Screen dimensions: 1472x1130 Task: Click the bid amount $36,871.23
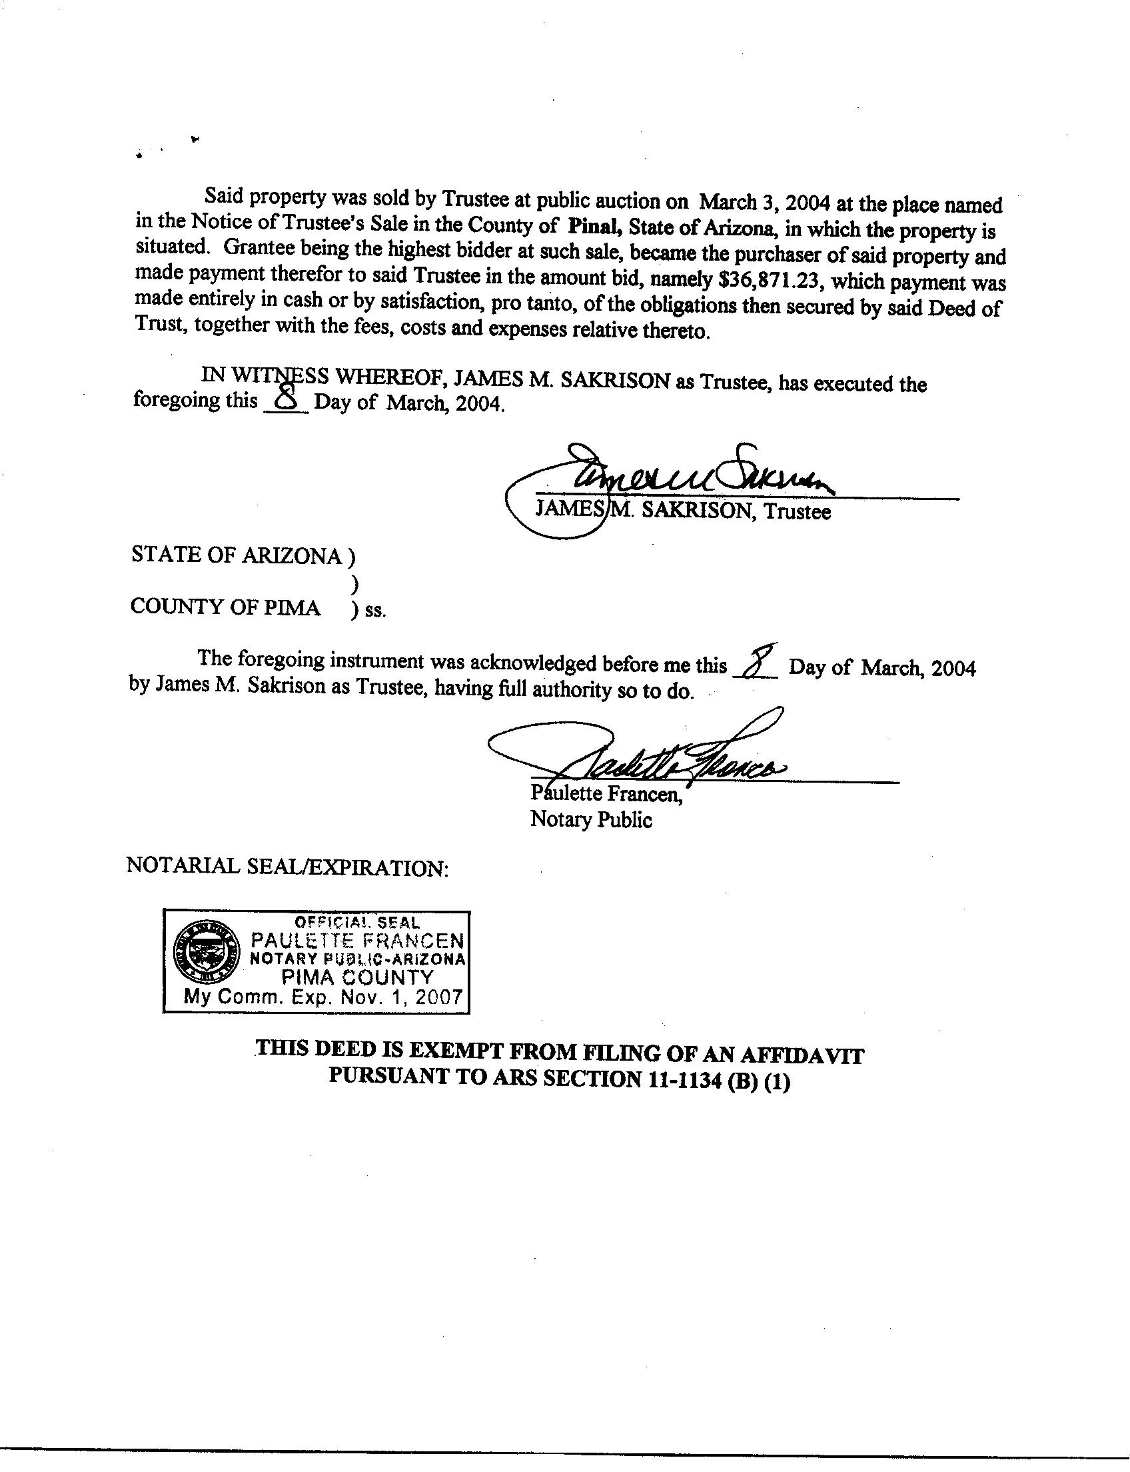point(767,279)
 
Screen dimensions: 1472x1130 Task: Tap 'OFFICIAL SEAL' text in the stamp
point(357,923)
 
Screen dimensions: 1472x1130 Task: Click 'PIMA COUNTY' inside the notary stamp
point(357,977)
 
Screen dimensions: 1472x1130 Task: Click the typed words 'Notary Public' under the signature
point(590,819)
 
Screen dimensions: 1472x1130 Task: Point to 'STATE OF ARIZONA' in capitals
point(236,555)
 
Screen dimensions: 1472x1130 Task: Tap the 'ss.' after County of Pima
point(376,611)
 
